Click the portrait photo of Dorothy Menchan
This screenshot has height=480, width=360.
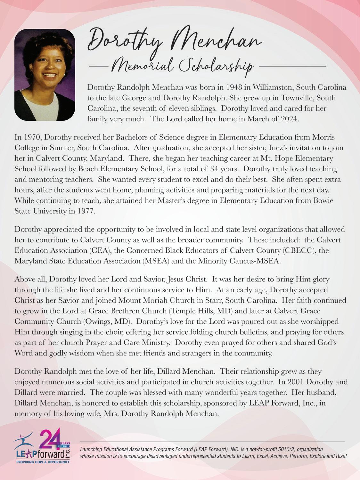point(45,75)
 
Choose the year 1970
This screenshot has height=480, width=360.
point(33,137)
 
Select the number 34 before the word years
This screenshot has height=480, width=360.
point(215,169)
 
